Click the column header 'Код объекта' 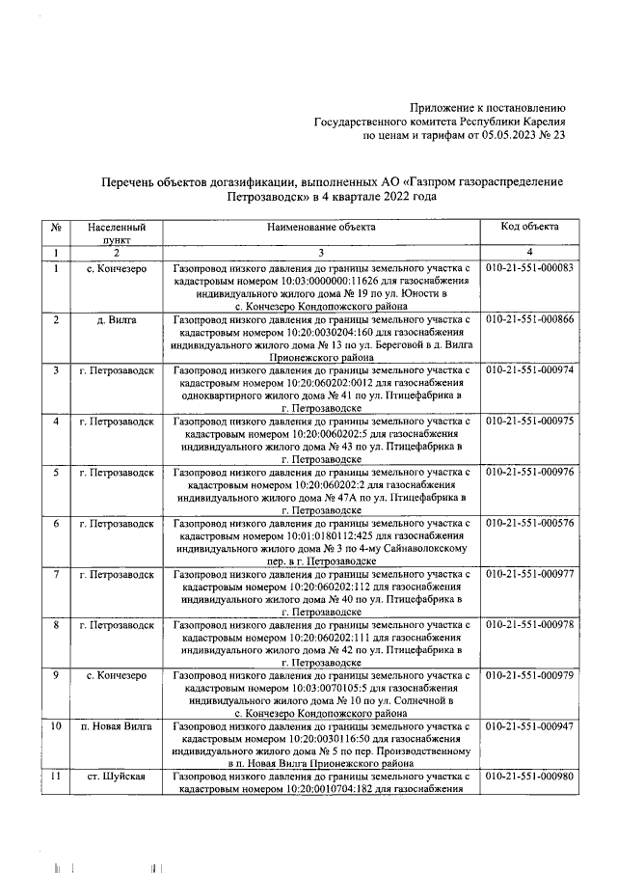click(x=529, y=227)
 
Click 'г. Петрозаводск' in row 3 click(x=116, y=370)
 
